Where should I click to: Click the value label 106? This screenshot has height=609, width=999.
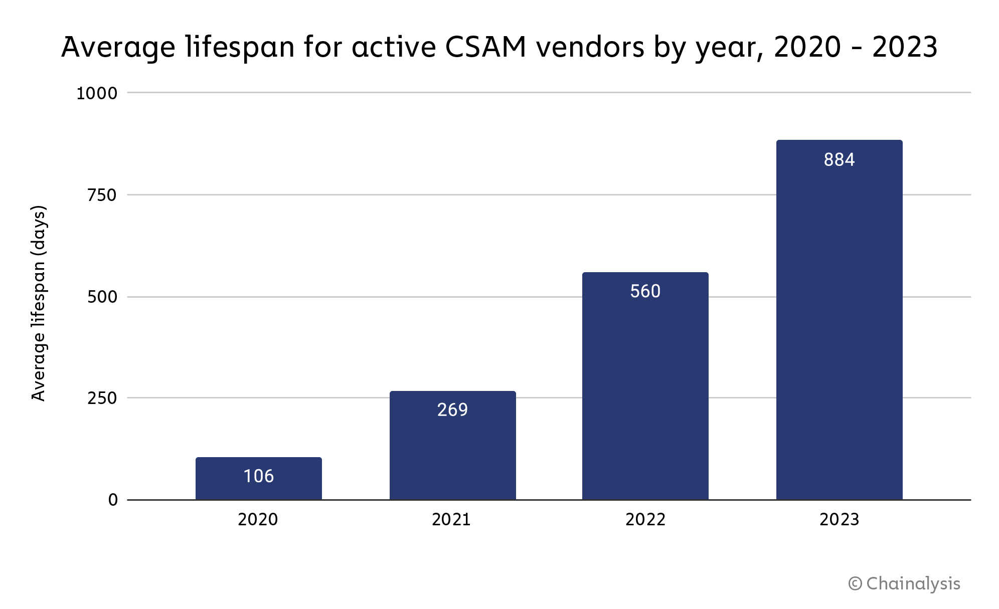(259, 476)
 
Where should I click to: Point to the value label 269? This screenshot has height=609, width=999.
(452, 410)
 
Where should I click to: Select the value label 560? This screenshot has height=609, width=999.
(645, 291)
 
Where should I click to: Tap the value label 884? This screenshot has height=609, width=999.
(839, 159)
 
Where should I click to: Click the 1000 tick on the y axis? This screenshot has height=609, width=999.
(96, 93)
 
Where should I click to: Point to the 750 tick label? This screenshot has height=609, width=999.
(102, 195)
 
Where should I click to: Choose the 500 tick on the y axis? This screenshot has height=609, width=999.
(102, 297)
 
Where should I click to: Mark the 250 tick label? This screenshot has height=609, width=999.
(102, 398)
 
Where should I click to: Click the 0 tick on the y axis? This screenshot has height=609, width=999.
(113, 500)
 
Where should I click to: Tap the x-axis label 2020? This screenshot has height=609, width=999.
(258, 519)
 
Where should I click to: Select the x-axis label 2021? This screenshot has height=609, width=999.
(451, 519)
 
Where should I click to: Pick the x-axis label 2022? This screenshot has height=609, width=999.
(645, 519)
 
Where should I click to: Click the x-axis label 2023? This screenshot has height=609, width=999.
(839, 519)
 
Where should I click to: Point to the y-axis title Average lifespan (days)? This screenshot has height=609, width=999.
(39, 303)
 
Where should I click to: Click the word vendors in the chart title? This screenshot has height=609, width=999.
(590, 48)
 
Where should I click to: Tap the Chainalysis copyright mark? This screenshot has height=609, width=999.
(904, 583)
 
